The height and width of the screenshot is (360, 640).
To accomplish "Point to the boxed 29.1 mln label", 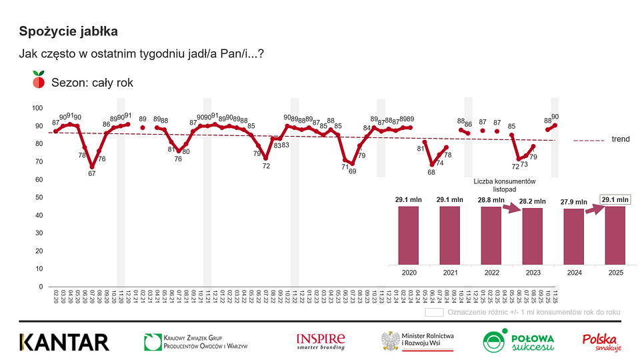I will tap(615, 199).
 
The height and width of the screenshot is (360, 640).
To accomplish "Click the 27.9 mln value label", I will tap(573, 202).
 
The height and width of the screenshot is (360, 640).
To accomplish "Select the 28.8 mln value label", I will tap(491, 200).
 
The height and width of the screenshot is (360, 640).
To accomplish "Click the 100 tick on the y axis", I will tap(37, 108).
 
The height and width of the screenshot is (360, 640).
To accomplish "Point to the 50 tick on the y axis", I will tap(39, 197).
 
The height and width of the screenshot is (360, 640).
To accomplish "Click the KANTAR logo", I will tap(64, 342).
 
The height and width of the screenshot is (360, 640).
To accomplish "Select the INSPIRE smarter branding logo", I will tap(321, 341).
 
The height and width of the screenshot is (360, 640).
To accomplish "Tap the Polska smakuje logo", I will tap(602, 342).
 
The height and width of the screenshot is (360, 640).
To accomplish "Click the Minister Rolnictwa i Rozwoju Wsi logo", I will tap(417, 341).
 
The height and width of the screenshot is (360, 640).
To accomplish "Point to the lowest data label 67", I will tap(91, 173).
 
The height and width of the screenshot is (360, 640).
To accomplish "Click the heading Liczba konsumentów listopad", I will tap(505, 185).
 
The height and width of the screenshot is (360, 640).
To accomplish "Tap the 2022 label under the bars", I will tap(491, 273).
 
